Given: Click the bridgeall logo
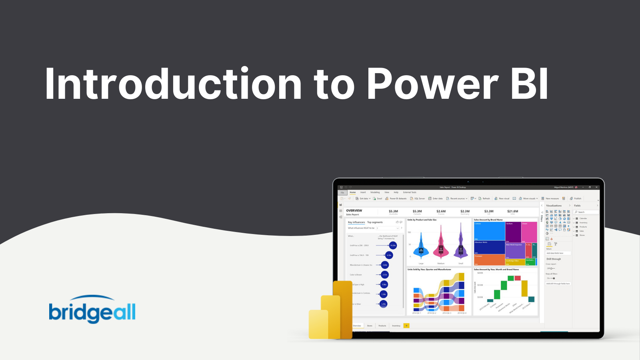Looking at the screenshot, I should click(x=92, y=310).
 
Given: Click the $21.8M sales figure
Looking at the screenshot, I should click(x=512, y=211).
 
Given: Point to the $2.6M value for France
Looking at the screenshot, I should click(x=441, y=211).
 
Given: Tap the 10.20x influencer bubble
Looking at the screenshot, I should click(x=393, y=245).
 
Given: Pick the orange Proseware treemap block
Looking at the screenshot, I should click(x=489, y=260).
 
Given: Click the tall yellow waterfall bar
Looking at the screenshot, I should click(x=524, y=288).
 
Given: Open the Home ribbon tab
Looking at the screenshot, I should click(x=352, y=192).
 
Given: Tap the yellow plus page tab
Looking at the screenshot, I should click(x=406, y=326).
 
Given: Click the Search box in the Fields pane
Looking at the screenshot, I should click(x=586, y=212).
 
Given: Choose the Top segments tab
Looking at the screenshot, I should click(x=375, y=222).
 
